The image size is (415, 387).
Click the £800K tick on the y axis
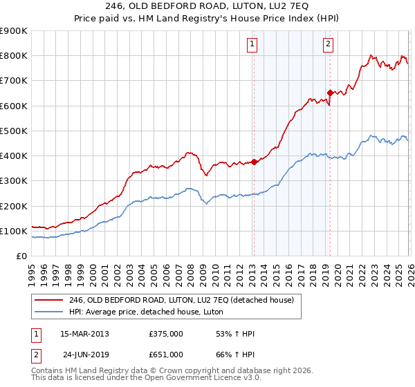click(x=14, y=56)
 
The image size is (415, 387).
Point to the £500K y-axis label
click(x=14, y=131)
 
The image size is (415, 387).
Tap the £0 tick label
click(x=21, y=256)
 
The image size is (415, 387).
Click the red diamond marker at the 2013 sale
click(x=254, y=162)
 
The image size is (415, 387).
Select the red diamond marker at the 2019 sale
click(x=331, y=93)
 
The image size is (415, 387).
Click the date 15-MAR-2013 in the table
click(x=84, y=333)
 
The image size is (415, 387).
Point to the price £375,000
click(x=165, y=333)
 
